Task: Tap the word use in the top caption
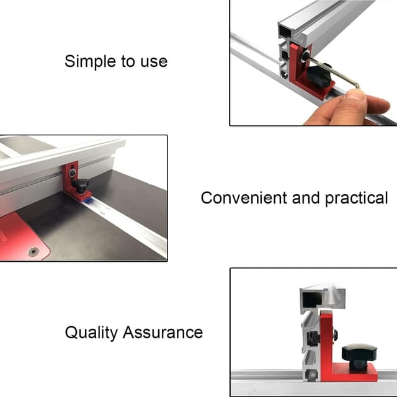[154, 62]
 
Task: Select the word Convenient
[244, 198]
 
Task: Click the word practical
[356, 198]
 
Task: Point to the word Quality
[91, 333]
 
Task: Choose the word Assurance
[163, 332]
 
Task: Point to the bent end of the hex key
[357, 86]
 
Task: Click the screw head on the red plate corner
[33, 251]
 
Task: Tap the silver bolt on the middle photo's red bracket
[73, 172]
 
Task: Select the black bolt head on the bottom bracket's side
[335, 336]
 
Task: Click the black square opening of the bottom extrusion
[312, 299]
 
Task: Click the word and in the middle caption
[306, 198]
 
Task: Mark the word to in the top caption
[128, 62]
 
